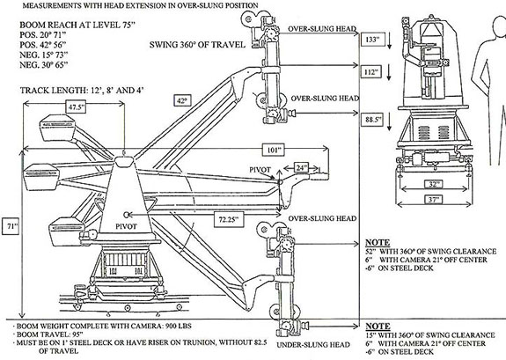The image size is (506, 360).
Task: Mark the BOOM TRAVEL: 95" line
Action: click(x=48, y=334)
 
